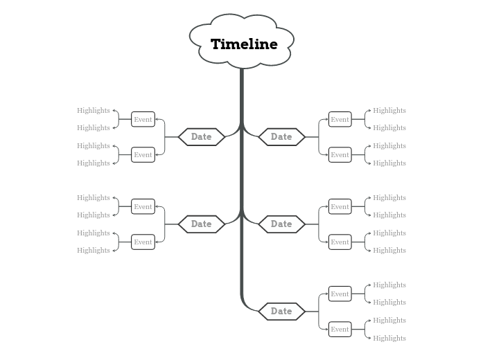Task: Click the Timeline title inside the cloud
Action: pyautogui.click(x=243, y=44)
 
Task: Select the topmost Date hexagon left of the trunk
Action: pyautogui.click(x=201, y=136)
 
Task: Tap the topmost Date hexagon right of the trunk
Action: pyautogui.click(x=281, y=136)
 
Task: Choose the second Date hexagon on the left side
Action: pyautogui.click(x=201, y=224)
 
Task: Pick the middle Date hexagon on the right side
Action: pyautogui.click(x=281, y=224)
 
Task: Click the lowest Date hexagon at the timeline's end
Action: pyautogui.click(x=281, y=311)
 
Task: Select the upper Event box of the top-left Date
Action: pyautogui.click(x=143, y=119)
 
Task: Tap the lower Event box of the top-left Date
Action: pyautogui.click(x=143, y=154)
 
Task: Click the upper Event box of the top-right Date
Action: pyautogui.click(x=340, y=119)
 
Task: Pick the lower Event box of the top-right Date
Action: pyautogui.click(x=340, y=154)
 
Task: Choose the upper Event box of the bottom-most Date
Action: pyautogui.click(x=340, y=294)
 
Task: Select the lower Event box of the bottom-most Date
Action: pyautogui.click(x=340, y=329)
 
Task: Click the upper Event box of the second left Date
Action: pyautogui.click(x=143, y=206)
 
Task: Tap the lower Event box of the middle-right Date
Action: pyautogui.click(x=340, y=242)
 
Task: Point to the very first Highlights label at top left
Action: pyautogui.click(x=94, y=110)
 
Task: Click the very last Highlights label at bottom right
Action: pyautogui.click(x=389, y=338)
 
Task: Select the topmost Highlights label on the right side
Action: pyautogui.click(x=389, y=110)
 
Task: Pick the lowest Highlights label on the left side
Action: pyautogui.click(x=94, y=250)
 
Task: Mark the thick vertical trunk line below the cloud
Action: pyautogui.click(x=242, y=180)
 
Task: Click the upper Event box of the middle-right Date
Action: pyautogui.click(x=340, y=206)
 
